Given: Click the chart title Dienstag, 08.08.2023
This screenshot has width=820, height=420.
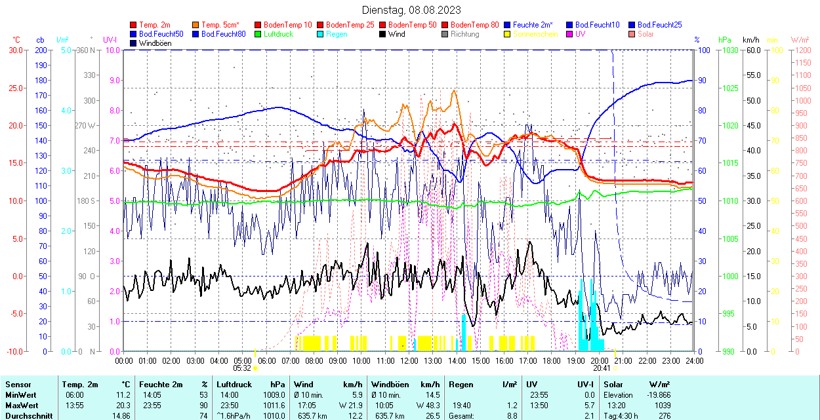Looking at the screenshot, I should click(x=411, y=10).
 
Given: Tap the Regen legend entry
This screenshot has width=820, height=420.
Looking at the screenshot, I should click(x=338, y=34).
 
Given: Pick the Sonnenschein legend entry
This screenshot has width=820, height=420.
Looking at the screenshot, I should click(x=535, y=34).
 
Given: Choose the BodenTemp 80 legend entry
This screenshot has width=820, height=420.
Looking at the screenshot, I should click(x=474, y=25).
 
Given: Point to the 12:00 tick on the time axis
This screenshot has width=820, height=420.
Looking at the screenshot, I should click(x=409, y=360).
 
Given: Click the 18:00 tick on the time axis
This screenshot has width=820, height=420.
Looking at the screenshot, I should click(x=552, y=360).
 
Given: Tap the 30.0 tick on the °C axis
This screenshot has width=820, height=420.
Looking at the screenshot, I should click(x=14, y=50).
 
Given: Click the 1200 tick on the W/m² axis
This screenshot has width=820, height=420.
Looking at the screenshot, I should click(x=802, y=50).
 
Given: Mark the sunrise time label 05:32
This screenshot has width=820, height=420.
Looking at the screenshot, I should click(x=242, y=368).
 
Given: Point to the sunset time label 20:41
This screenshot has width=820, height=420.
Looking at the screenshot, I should click(x=603, y=368).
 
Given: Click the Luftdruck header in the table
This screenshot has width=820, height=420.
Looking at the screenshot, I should click(x=234, y=385).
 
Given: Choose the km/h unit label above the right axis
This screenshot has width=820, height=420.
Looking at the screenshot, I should click(x=751, y=40).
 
